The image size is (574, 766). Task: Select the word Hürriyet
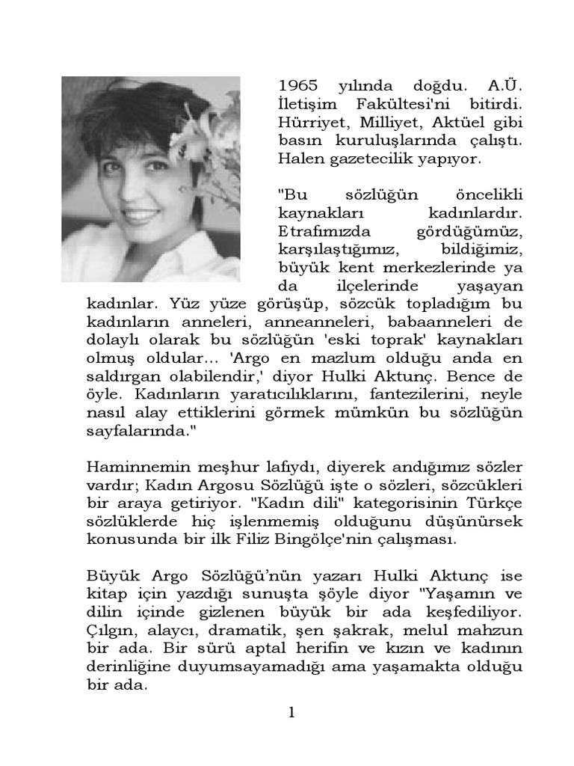309,123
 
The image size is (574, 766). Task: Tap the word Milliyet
383,123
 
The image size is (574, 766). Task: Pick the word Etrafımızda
318,231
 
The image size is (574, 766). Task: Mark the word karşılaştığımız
329,249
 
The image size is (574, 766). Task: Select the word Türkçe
495,503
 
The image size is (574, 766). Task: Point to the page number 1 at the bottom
292,713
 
